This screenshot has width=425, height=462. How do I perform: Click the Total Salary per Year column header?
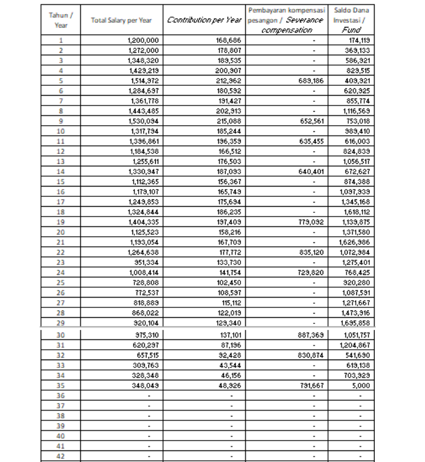click(x=121, y=20)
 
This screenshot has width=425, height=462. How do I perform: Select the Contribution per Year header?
click(x=204, y=20)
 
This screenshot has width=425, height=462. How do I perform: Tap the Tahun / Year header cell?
click(x=61, y=20)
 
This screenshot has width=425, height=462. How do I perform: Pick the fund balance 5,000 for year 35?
click(x=361, y=385)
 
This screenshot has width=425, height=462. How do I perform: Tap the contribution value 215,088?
click(x=229, y=120)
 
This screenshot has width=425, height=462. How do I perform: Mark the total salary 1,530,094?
click(x=144, y=120)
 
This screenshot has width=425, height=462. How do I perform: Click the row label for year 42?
click(x=61, y=456)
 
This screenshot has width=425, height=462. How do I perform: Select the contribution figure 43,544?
click(x=231, y=365)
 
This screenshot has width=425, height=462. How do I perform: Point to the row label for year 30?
click(x=61, y=335)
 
